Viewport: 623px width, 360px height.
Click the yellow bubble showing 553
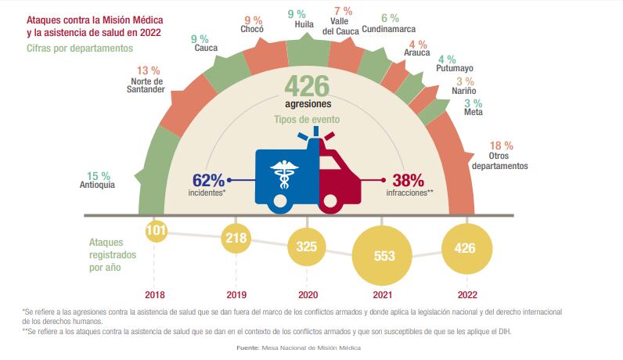[x=384, y=255]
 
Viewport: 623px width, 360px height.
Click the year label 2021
[x=384, y=296]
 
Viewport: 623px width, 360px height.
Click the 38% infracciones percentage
[x=407, y=179]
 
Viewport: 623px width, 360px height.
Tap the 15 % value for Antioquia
[x=99, y=175]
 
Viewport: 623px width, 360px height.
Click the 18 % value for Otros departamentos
[x=500, y=146]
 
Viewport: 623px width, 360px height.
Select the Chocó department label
[x=253, y=30]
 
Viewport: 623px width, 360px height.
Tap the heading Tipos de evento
[x=307, y=120]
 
